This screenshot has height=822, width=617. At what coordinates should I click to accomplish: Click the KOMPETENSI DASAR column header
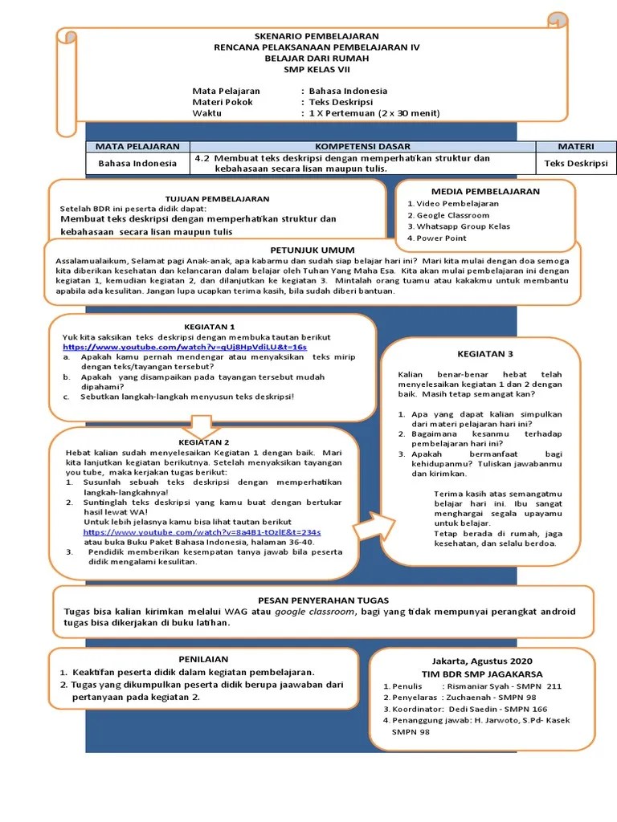click(362, 146)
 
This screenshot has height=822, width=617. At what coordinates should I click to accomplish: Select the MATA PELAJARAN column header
click(137, 146)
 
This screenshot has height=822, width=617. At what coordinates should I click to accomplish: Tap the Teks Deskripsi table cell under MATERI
click(576, 163)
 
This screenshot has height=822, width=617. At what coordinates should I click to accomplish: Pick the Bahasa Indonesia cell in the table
click(137, 163)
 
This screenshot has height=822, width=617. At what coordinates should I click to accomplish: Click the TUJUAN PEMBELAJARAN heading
click(217, 198)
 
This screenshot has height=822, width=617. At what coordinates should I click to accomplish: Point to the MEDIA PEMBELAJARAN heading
click(485, 192)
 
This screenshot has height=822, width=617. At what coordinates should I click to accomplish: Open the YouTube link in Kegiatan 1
click(185, 347)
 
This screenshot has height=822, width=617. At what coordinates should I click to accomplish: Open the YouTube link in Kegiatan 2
click(202, 532)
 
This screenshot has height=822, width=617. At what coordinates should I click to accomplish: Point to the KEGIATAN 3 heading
click(484, 353)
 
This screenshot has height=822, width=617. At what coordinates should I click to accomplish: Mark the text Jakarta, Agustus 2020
click(481, 661)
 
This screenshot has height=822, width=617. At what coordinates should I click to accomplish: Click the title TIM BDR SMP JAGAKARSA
click(482, 673)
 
